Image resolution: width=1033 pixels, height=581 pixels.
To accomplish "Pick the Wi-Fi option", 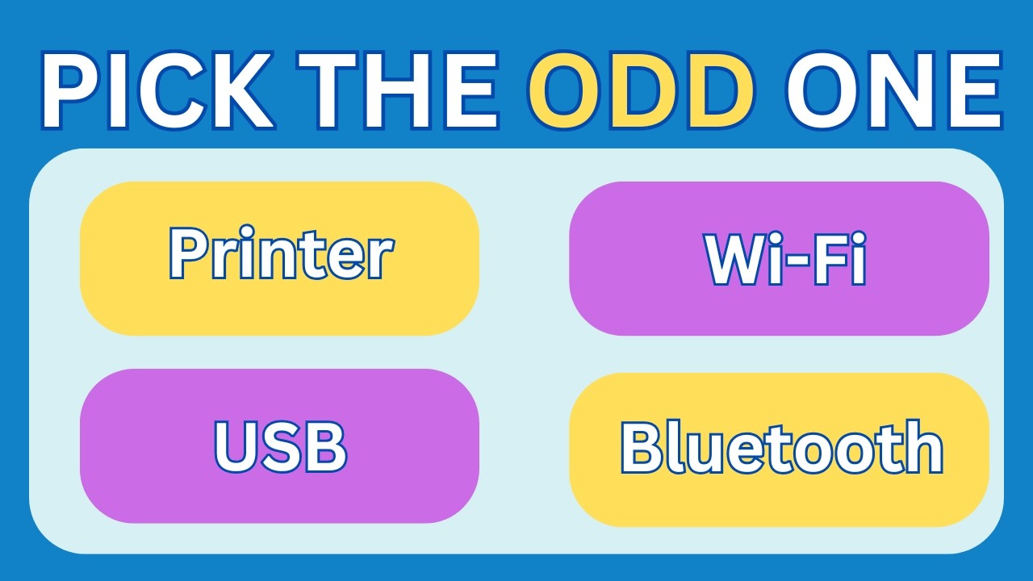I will (x=779, y=258).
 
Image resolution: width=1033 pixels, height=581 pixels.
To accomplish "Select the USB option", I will (x=279, y=445).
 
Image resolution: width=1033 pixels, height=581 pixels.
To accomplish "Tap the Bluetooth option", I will (x=779, y=448).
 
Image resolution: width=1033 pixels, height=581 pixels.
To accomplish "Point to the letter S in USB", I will (x=280, y=446).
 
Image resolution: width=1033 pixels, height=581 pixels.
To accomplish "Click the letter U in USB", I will (x=234, y=446).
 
